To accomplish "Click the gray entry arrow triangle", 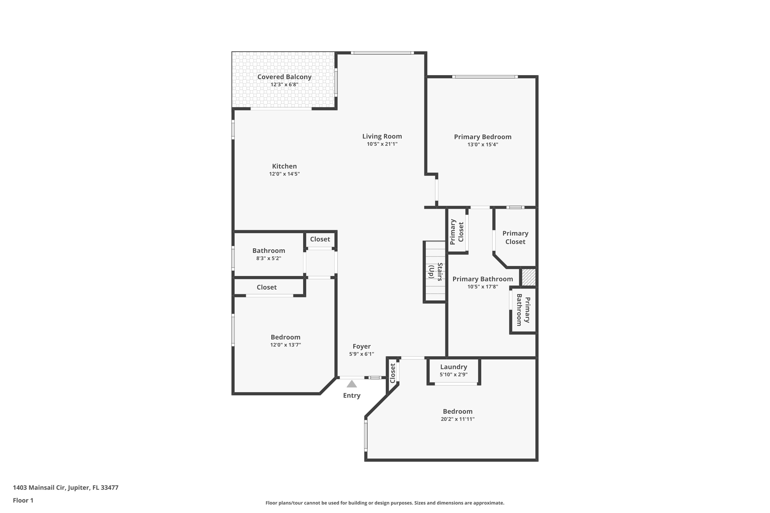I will click(x=352, y=384).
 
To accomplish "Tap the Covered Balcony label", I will click(x=284, y=77).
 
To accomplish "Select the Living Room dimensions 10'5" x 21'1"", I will click(x=382, y=144).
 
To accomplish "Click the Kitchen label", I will click(x=284, y=166).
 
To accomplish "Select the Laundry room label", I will click(x=454, y=367).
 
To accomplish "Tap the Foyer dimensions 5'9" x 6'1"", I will click(x=361, y=354).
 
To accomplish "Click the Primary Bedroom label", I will click(x=483, y=137).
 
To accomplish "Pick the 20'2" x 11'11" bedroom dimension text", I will click(x=457, y=419).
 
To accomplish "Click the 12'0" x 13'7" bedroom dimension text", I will click(x=285, y=345).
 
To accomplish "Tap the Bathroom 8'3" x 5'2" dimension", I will click(x=268, y=259).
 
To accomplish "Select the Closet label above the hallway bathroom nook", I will click(x=320, y=239).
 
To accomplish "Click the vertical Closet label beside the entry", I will click(x=392, y=373).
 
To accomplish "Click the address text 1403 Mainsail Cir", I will click(x=65, y=488).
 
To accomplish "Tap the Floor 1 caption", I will click(x=23, y=500).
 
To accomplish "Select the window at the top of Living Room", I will click(x=382, y=53).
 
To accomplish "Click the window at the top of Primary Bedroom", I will click(x=485, y=77).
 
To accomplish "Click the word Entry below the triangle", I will click(x=352, y=396).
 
